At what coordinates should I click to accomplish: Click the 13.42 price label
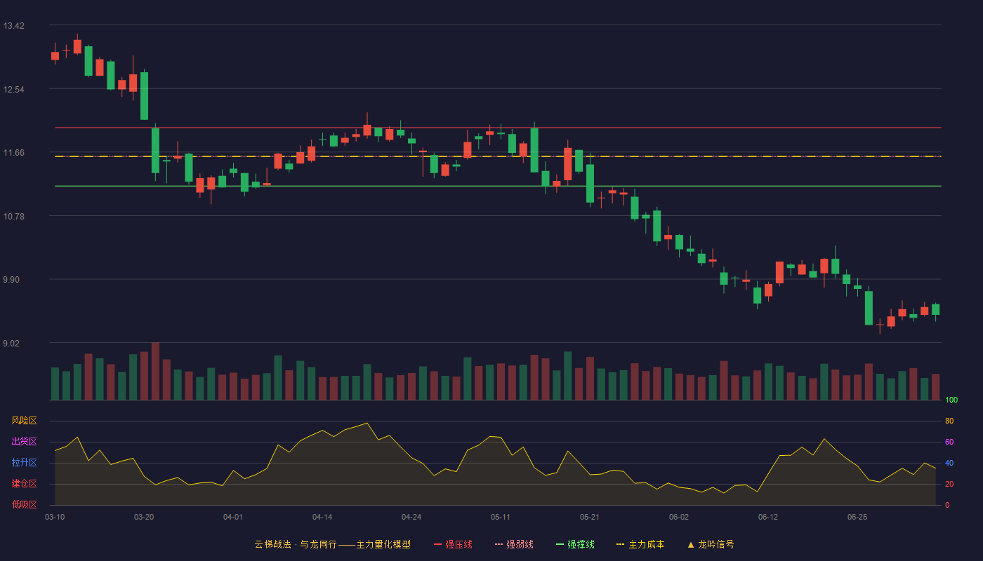click(13, 26)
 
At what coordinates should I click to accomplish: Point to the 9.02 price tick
click(11, 343)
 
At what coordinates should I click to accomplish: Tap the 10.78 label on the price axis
click(13, 217)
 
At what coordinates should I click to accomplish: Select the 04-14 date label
click(322, 518)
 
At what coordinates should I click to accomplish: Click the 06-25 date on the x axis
click(857, 518)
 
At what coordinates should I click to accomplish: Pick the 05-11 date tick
click(500, 518)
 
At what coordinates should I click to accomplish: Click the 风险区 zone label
click(24, 421)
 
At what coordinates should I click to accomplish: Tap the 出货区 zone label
click(24, 441)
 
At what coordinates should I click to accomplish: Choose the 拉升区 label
click(24, 462)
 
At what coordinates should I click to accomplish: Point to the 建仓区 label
click(24, 483)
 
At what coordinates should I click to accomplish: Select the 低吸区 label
click(24, 504)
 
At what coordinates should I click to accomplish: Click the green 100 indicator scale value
click(951, 400)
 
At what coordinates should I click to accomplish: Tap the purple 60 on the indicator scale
click(949, 442)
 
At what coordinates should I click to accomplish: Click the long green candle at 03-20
click(144, 95)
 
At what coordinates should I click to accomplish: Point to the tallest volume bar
click(155, 371)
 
